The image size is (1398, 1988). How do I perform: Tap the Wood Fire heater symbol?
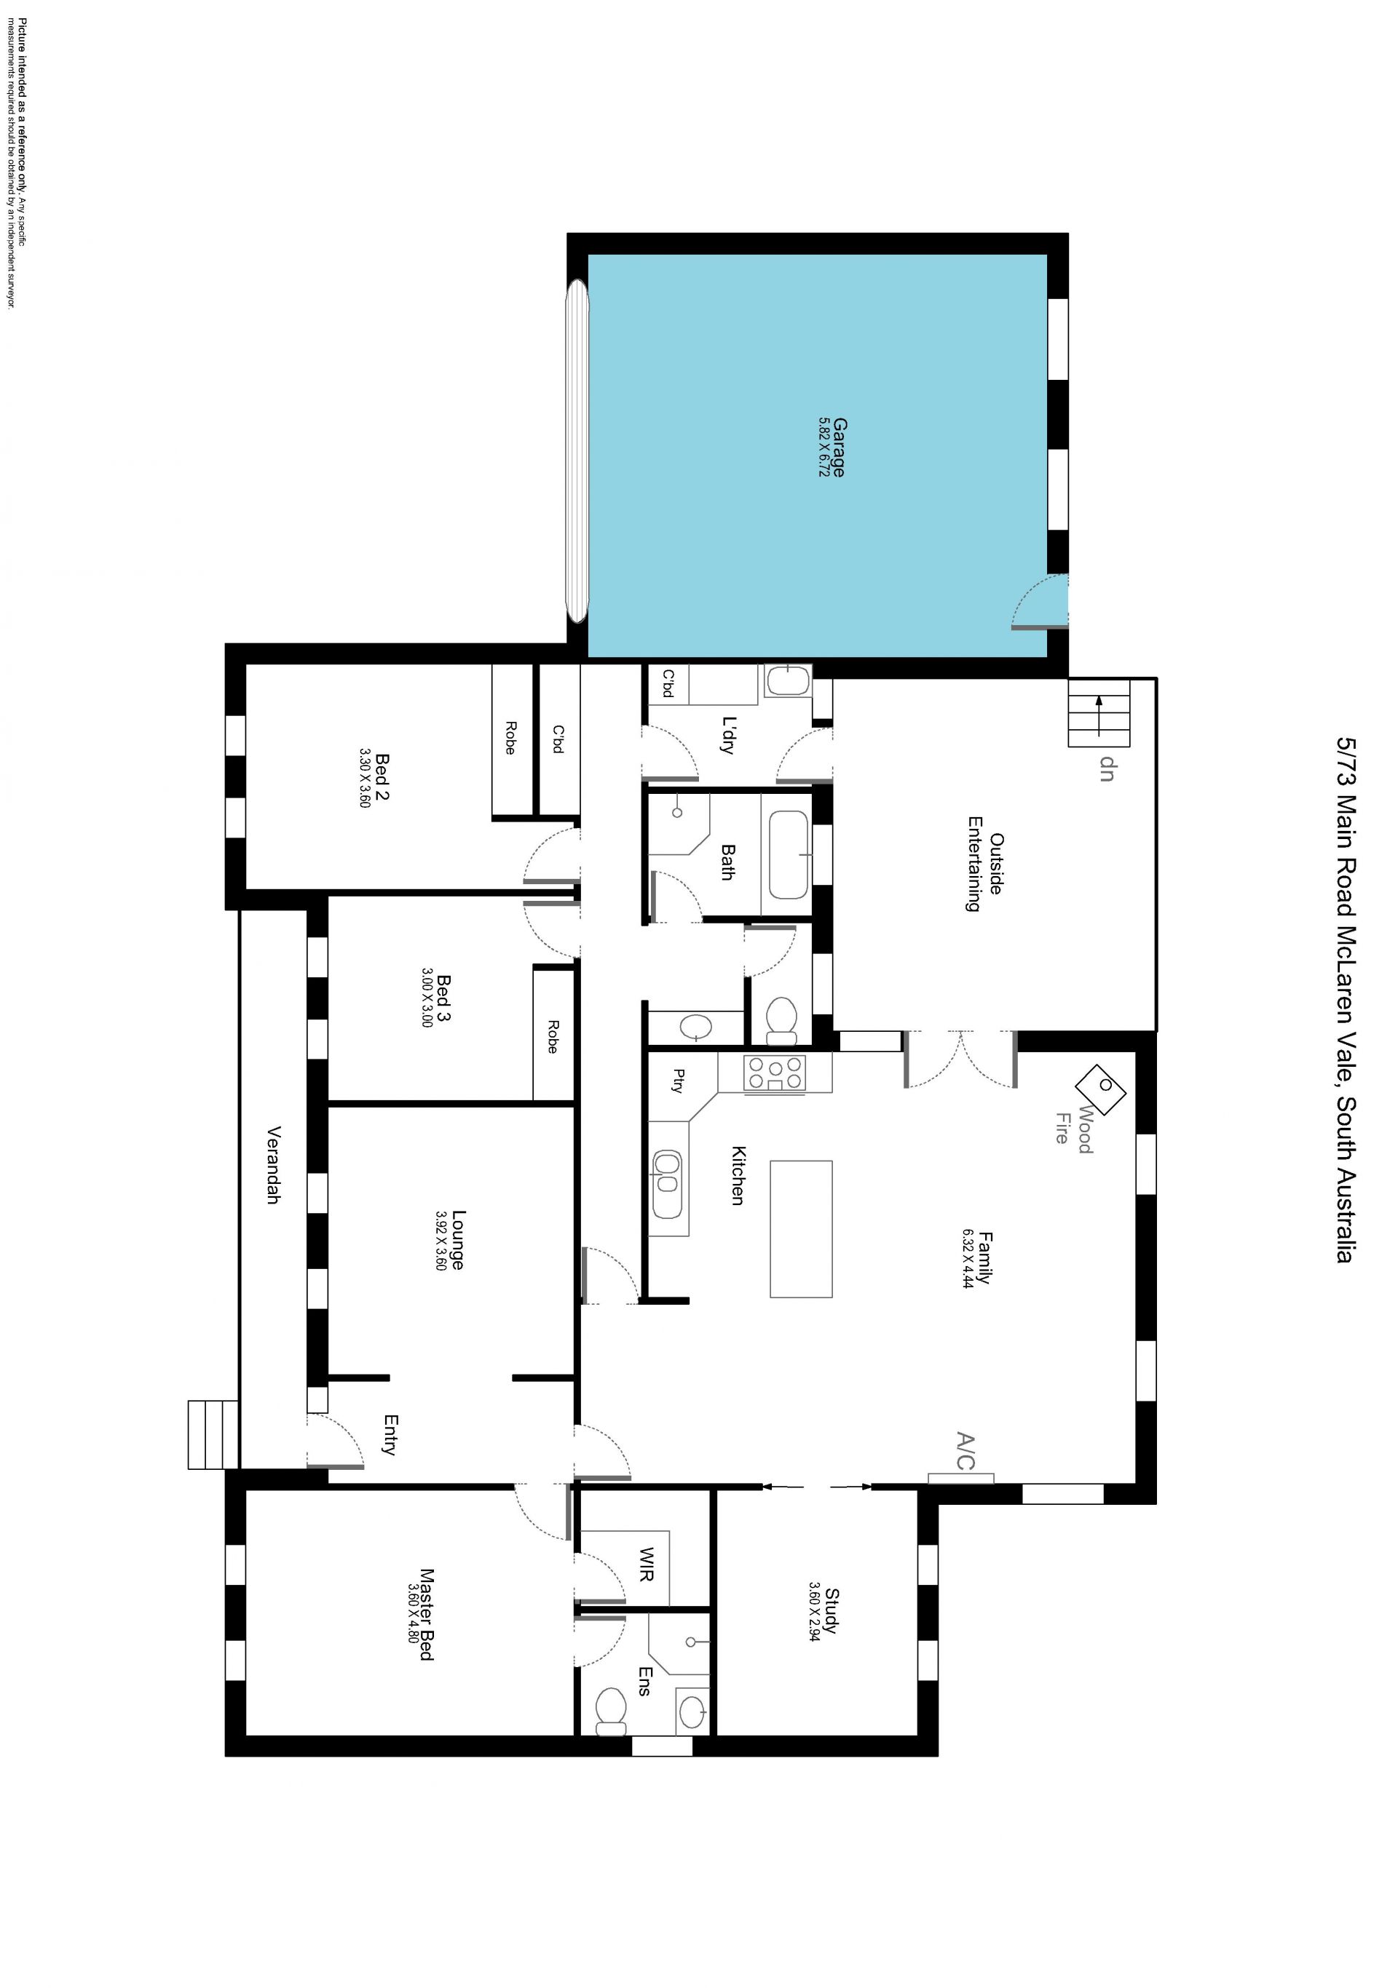(1100, 1089)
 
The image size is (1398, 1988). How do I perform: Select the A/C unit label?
(965, 1452)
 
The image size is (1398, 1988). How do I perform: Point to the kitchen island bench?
(801, 1230)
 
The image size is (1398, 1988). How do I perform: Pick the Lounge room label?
(457, 1240)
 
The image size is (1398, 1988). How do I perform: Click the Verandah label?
(274, 1164)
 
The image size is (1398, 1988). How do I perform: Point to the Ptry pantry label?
(678, 1081)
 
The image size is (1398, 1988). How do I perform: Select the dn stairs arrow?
(1098, 715)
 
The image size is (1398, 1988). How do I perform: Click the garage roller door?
(577, 450)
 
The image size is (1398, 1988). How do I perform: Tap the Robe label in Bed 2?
(510, 738)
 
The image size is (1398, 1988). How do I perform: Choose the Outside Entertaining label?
(985, 863)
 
